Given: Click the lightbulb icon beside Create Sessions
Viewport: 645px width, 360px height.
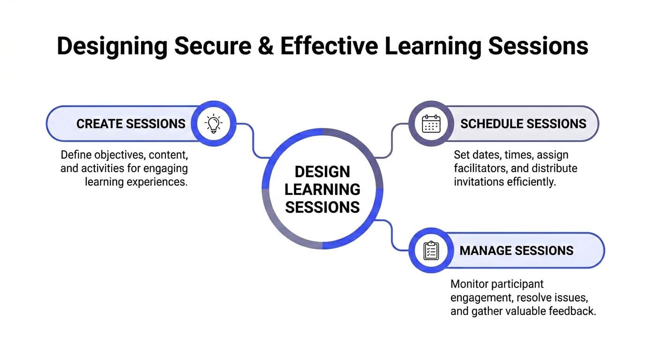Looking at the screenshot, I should pyautogui.click(x=213, y=124).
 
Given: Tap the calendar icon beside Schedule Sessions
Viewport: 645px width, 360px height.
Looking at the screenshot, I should pyautogui.click(x=431, y=124).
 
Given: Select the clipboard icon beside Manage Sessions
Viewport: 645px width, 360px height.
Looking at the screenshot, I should pyautogui.click(x=431, y=250).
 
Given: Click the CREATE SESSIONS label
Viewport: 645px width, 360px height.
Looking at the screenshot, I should pyautogui.click(x=131, y=124).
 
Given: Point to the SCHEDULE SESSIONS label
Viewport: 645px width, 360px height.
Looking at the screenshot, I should pyautogui.click(x=523, y=124).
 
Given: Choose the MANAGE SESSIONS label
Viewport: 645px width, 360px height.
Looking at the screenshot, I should pyautogui.click(x=517, y=250).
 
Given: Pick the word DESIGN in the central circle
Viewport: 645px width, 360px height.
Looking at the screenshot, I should pyautogui.click(x=322, y=172).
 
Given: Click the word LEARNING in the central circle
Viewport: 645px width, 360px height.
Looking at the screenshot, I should pyautogui.click(x=322, y=189).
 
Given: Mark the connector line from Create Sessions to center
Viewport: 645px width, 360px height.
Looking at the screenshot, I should pyautogui.click(x=253, y=141).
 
